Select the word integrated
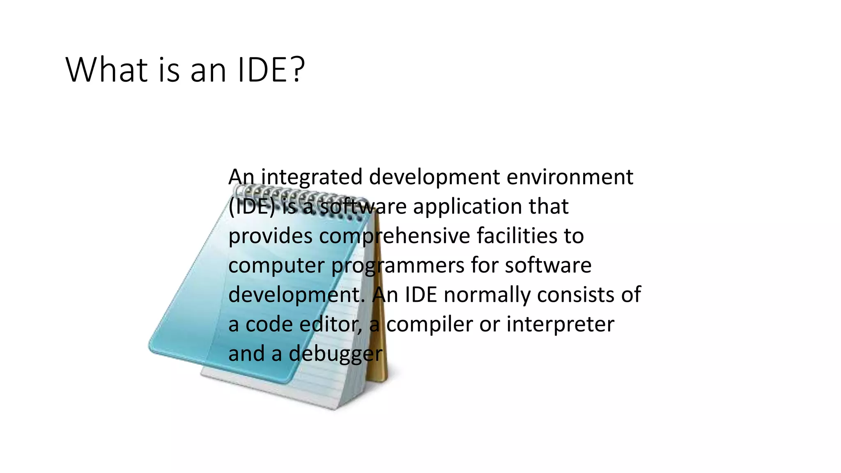pos(312,177)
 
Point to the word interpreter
pos(560,325)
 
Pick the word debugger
pos(335,354)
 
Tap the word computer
pos(276,266)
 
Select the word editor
pos(331,325)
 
